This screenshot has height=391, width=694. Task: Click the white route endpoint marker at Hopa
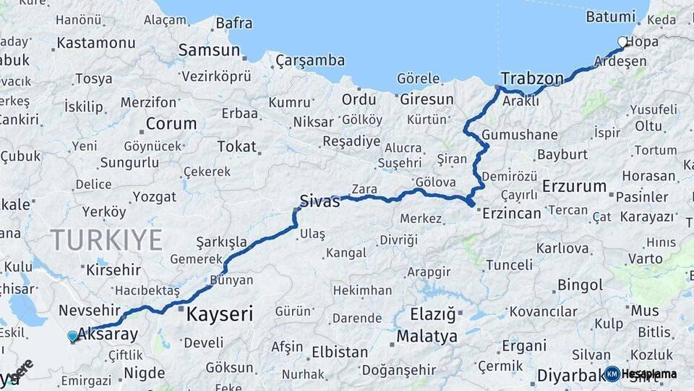tap(622, 42)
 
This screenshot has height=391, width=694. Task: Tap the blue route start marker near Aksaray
tap(72, 336)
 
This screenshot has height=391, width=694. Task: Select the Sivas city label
tap(320, 201)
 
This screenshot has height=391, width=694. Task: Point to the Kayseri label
tap(220, 314)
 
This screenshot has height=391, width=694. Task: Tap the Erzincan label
tap(511, 213)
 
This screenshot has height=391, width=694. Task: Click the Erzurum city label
tap(574, 186)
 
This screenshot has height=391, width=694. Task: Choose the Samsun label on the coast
tap(209, 50)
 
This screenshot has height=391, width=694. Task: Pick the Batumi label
tap(610, 16)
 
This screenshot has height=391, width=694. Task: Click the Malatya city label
tap(427, 337)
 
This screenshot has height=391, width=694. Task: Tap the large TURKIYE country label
tap(106, 240)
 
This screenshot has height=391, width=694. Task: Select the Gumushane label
tap(520, 135)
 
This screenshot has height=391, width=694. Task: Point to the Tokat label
tap(237, 147)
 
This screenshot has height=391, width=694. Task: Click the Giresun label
tap(427, 99)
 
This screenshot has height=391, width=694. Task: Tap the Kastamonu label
tap(96, 43)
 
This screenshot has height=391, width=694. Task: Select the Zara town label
tap(364, 190)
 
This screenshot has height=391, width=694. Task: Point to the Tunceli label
tap(509, 265)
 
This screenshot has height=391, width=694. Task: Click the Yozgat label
tap(154, 197)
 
